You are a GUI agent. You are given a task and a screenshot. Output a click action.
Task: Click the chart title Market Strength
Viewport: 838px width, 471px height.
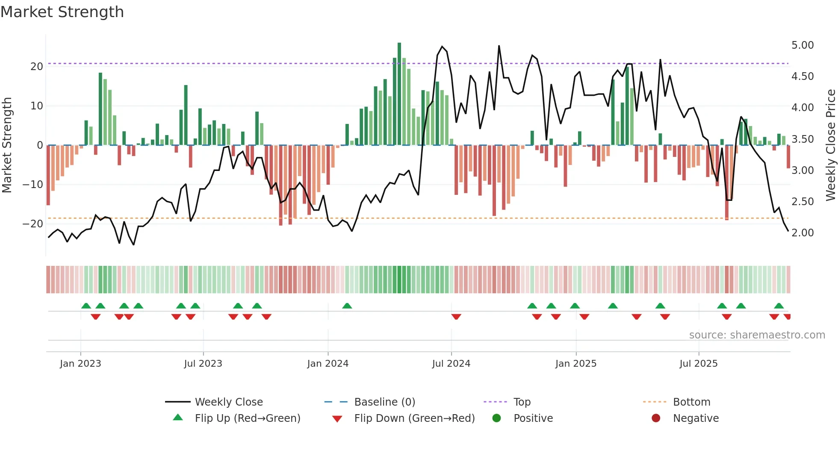tap(62, 12)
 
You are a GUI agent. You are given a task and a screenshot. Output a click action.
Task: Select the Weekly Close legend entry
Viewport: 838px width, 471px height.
tap(228, 402)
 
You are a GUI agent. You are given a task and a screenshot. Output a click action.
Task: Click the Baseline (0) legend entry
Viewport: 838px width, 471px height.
tap(384, 402)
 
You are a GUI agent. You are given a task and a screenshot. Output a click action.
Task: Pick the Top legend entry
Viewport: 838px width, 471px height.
tap(522, 402)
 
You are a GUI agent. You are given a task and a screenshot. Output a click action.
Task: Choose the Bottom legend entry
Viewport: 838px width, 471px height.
tap(691, 402)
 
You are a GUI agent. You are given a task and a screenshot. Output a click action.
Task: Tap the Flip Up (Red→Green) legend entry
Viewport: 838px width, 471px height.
tap(247, 418)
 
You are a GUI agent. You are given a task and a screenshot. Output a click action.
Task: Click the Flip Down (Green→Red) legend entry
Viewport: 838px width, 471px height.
tap(414, 418)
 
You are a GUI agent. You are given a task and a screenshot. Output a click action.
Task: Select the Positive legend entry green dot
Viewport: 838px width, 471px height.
tap(496, 418)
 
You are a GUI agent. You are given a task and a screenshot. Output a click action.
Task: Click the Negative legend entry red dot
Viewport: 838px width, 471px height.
tap(656, 418)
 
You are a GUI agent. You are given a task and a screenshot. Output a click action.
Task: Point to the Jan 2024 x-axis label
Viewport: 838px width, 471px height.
tap(328, 363)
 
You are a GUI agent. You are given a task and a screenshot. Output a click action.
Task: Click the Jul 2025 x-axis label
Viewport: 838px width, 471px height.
tap(698, 363)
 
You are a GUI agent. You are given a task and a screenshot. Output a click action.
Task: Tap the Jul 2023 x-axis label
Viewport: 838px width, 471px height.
tap(203, 363)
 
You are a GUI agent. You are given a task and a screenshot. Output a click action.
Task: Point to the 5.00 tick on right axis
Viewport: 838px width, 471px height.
tap(802, 45)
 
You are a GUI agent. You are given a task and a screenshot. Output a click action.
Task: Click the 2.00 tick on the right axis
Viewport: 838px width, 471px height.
tap(802, 233)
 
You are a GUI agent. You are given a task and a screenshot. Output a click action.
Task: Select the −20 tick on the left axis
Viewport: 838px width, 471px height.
tap(33, 224)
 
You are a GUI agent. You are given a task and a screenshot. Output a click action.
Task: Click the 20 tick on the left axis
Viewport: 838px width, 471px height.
tap(36, 67)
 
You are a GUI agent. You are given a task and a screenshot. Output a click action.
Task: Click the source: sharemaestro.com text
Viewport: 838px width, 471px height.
tap(757, 335)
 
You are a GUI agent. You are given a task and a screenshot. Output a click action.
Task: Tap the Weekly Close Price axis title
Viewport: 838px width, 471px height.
tap(830, 145)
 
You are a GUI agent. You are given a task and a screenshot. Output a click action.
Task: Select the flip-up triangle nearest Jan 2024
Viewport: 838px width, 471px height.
tap(347, 306)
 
